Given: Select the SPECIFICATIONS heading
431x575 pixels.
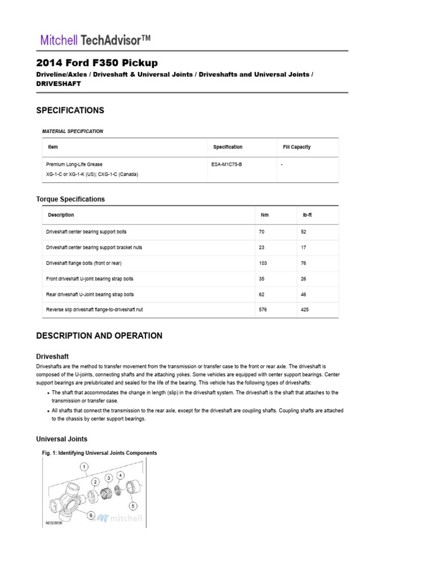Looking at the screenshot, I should tap(70, 111).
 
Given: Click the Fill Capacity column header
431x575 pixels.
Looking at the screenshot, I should tap(297, 147).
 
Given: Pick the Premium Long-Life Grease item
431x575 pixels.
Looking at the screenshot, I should tap(74, 165).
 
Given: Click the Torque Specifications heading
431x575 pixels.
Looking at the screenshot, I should tap(70, 199).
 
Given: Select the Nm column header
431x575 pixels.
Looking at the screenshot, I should tap(265, 215).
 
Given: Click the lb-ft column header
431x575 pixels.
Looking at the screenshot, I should tap(307, 215).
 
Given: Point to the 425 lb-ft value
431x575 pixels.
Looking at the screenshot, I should tap(305, 310).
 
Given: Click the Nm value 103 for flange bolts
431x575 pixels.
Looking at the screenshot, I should tap(264, 263).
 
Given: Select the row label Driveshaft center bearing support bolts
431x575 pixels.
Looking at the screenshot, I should tap(90, 231).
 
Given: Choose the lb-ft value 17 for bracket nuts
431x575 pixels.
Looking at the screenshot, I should tap(304, 247).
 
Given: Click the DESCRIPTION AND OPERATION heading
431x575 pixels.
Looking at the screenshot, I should tap(99, 336).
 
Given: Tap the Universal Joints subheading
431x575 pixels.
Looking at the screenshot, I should tap(62, 439).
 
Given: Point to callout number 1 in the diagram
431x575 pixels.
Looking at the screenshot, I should tap(83, 467).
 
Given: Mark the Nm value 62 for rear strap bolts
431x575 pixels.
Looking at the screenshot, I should tap(263, 294).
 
